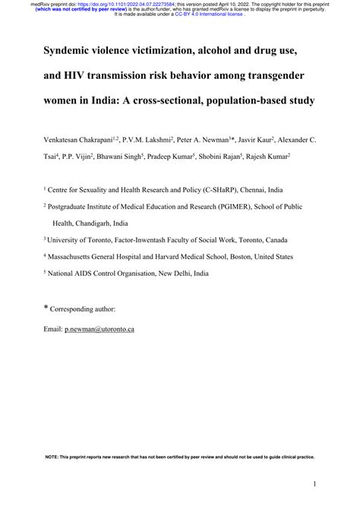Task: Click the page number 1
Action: point(314,483)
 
